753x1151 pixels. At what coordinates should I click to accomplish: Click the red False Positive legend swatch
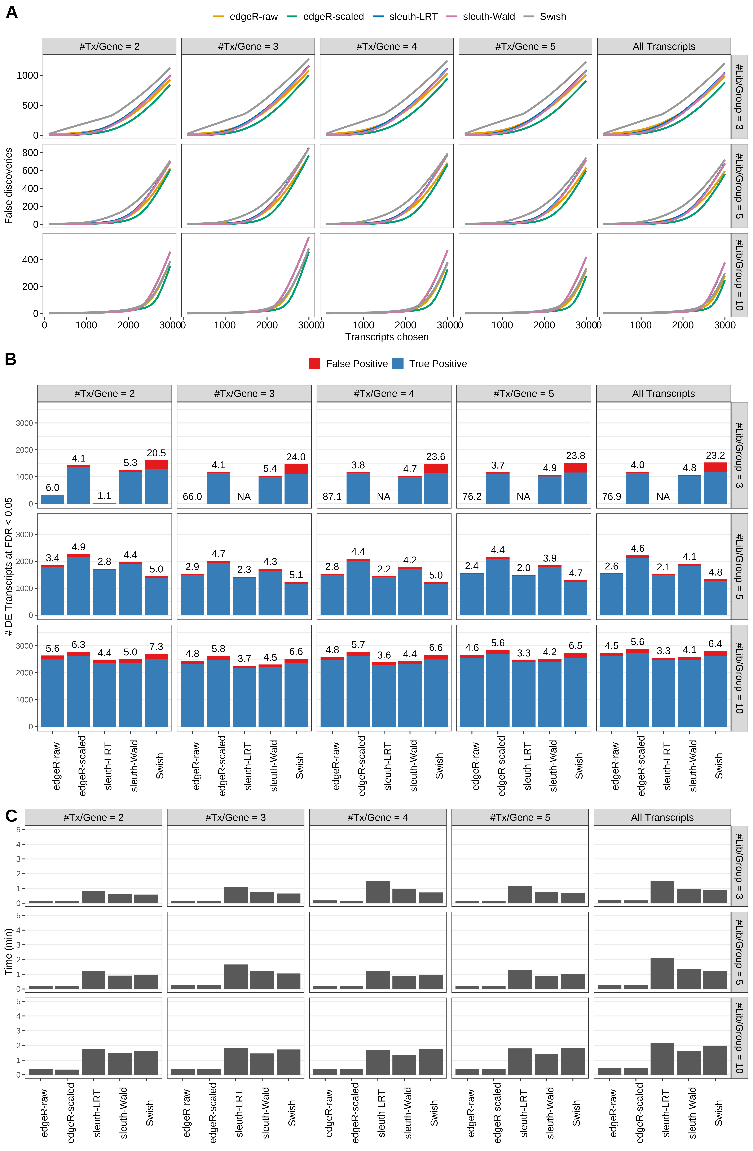coord(314,364)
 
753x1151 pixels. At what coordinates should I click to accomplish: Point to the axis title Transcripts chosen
coord(387,337)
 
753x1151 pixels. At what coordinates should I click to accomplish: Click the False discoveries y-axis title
coord(8,186)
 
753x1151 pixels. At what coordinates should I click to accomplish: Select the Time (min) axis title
coord(8,951)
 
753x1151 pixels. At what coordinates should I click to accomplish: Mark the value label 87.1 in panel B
coord(332,497)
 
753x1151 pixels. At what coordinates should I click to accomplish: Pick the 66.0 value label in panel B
coord(192,497)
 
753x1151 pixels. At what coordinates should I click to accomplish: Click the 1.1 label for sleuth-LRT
coord(105,496)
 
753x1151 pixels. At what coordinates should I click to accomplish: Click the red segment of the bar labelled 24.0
coord(296,469)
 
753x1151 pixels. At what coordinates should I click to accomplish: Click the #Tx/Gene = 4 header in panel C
coord(378,817)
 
